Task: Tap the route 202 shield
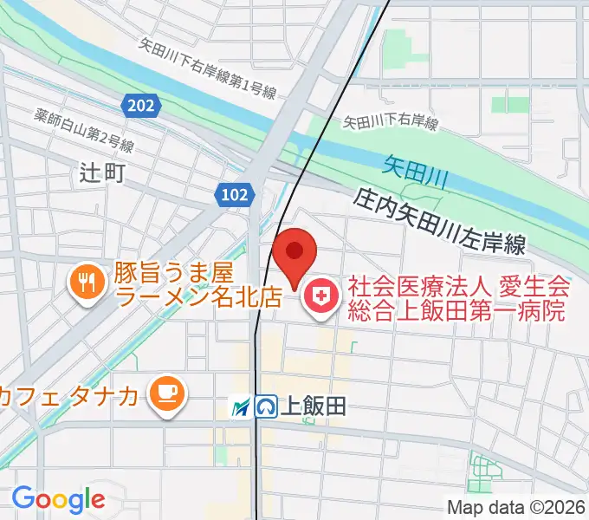pos(139,105)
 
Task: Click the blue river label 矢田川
pos(414,169)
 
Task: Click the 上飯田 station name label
pos(314,406)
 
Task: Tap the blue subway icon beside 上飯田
pos(266,406)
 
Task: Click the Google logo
pos(58,498)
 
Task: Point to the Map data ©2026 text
pos(516,507)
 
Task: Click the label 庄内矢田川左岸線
pos(440,222)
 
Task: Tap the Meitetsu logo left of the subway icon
pos(242,406)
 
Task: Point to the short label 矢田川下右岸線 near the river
pos(390,123)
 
